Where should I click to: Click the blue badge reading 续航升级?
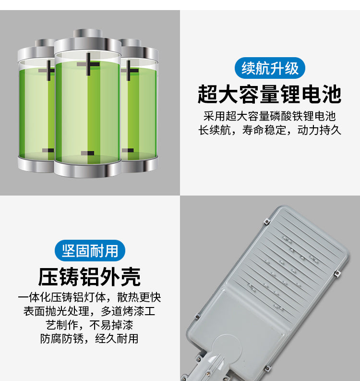pos(270,68)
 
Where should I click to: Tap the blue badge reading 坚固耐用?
pos(90,250)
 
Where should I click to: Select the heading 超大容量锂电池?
pos(270,94)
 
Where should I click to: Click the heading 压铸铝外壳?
pos(90,277)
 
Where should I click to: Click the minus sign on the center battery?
pos(87,153)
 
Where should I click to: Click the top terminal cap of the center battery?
pos(87,35)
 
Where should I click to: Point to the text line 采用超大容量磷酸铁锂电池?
pos(270,116)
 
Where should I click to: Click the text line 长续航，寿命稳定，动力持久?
pos(270,130)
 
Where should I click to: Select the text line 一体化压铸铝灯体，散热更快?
pos(90,297)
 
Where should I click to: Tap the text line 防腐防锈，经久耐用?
pos(90,338)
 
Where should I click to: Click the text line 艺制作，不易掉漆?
pos(90,324)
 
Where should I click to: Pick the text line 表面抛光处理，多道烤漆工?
pos(90,311)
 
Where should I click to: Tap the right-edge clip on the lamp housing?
pos(336,274)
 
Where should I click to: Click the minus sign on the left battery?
pos(48,150)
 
